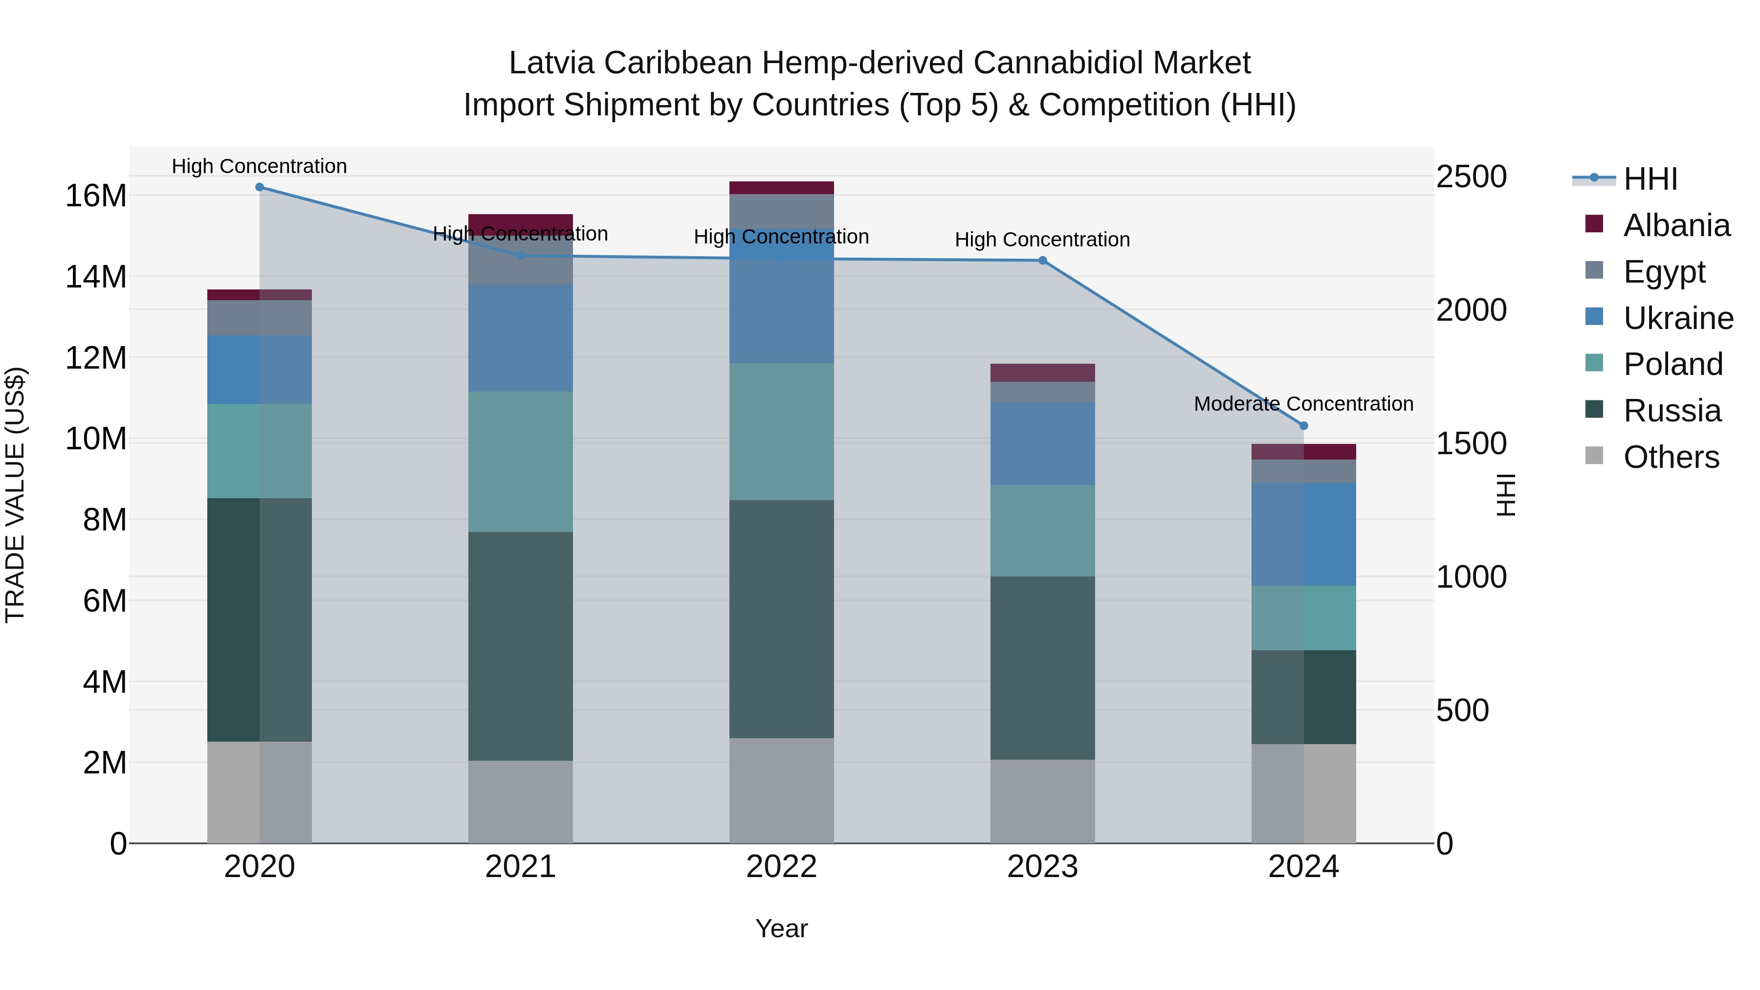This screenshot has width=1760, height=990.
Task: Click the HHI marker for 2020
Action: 260,187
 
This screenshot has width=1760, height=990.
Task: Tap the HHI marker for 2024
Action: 1303,426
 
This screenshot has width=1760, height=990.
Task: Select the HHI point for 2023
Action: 1043,260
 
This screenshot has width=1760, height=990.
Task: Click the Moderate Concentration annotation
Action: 1303,404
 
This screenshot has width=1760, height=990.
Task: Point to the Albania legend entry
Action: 1676,225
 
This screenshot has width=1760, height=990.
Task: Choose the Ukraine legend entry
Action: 1678,318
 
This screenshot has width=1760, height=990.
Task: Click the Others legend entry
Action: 1671,457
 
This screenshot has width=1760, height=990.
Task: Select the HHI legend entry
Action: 1650,179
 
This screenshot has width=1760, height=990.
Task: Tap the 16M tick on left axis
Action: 96,196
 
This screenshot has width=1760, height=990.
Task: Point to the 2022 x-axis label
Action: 782,867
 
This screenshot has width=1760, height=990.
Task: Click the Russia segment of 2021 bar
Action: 521,646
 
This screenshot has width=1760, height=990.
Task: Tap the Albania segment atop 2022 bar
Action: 782,188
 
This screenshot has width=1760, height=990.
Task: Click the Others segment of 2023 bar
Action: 1043,801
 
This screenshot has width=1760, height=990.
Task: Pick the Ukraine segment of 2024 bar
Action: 1303,534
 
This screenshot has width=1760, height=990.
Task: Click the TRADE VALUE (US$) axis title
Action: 15,495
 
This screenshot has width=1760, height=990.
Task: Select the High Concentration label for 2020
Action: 260,166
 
